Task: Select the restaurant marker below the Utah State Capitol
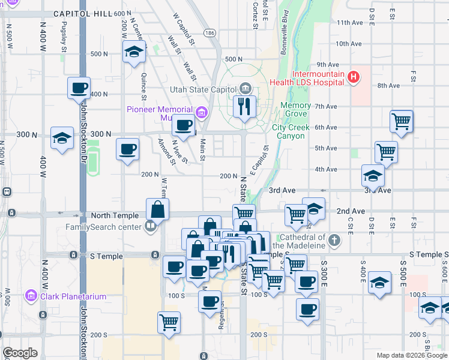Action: pyautogui.click(x=244, y=107)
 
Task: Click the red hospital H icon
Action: pyautogui.click(x=354, y=77)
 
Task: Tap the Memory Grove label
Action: pyautogui.click(x=296, y=106)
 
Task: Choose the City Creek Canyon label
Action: pyautogui.click(x=291, y=131)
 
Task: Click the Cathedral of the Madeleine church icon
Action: pyautogui.click(x=335, y=241)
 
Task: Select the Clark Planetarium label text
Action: pyautogui.click(x=73, y=296)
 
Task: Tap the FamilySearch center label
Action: pyautogui.click(x=103, y=227)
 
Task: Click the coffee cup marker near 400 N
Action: pyautogui.click(x=79, y=88)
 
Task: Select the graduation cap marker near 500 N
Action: pyautogui.click(x=134, y=52)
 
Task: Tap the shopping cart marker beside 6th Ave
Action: pyautogui.click(x=401, y=121)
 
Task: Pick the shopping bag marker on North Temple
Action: pyautogui.click(x=157, y=209)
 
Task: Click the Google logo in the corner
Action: pyautogui.click(x=20, y=353)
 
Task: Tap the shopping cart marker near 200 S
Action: pyautogui.click(x=169, y=322)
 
